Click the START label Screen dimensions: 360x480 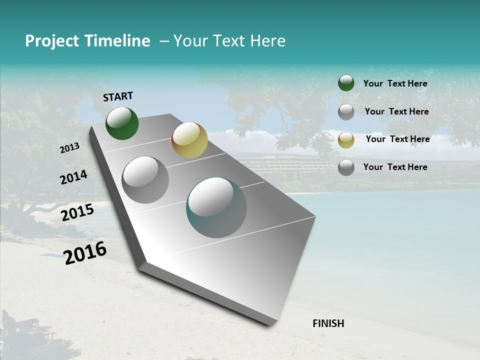tap(118, 96)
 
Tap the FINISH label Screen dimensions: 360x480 tap(328, 323)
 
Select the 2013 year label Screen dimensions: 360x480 tap(69, 148)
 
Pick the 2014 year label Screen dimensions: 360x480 tap(73, 177)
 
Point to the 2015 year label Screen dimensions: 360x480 tap(77, 212)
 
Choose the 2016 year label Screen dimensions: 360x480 tap(85, 253)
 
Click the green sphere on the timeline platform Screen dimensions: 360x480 tap(122, 123)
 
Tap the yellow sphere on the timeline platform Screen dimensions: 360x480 tap(189, 140)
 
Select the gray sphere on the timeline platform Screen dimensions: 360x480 tap(145, 180)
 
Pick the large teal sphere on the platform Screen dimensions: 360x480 tap(216, 207)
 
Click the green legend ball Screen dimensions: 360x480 tap(346, 83)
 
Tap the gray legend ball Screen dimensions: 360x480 tap(346, 112)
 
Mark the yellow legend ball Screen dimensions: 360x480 tap(346, 140)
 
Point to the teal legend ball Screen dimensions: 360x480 tap(346, 167)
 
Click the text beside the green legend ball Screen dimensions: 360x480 tap(395, 83)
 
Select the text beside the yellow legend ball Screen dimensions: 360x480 tap(397, 139)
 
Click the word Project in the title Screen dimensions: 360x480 tap(52, 41)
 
